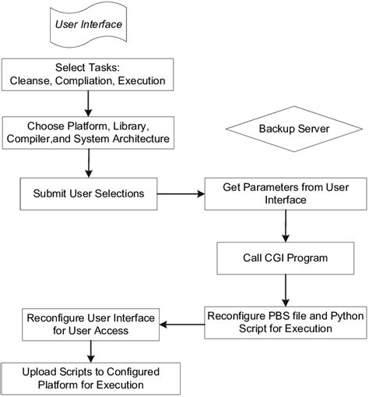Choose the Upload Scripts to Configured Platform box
point(92,378)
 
